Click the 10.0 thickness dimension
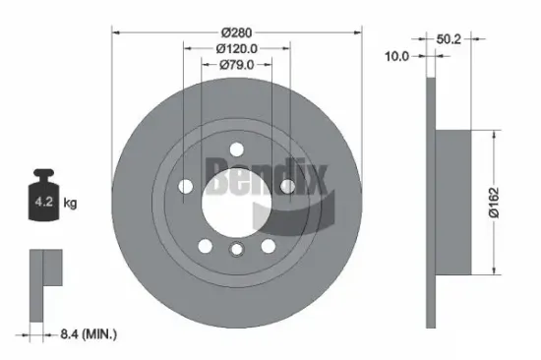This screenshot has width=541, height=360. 396,57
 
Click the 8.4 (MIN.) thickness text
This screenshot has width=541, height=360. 85,335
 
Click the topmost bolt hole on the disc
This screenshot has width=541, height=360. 236,149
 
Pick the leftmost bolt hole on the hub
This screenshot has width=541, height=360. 187,185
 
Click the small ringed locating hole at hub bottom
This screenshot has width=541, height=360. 236,251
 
